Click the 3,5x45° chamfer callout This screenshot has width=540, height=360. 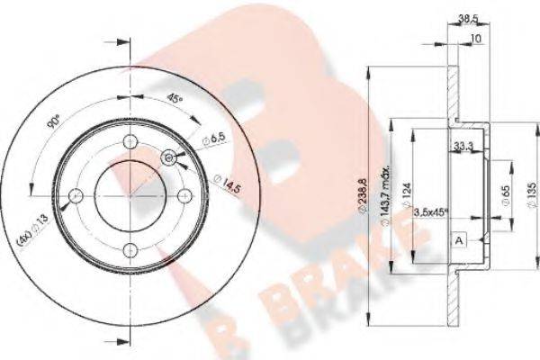[433, 213]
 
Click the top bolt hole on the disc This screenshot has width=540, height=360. [130, 140]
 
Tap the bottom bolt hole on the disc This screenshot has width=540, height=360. [130, 250]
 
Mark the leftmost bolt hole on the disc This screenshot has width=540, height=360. [76, 195]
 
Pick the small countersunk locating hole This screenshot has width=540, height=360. [169, 157]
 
